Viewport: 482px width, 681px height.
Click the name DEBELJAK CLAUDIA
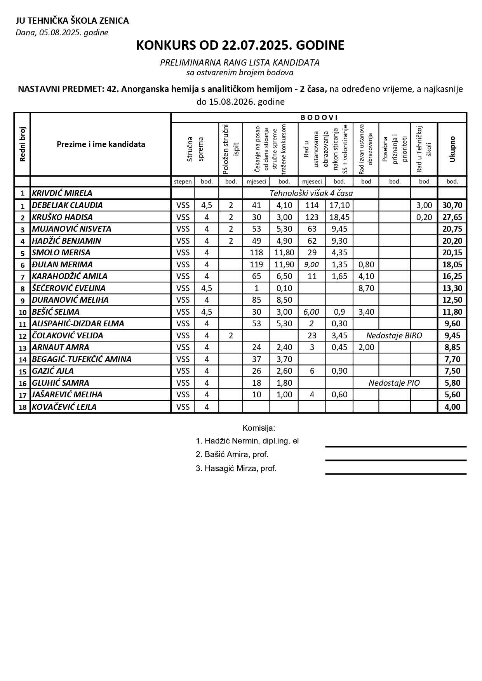point(67,205)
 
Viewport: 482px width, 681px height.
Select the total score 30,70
point(452,205)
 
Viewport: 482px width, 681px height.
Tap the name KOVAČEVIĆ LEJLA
point(64,407)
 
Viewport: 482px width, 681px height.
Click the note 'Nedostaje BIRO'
point(394,336)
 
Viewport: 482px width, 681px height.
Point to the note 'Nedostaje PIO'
point(394,383)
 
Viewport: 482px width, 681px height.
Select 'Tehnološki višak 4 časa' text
point(311,193)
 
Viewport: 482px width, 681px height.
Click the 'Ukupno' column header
point(452,149)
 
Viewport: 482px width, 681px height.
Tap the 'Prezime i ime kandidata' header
point(101,144)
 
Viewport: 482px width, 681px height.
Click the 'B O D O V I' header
point(319,118)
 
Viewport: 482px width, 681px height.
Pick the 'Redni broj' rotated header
point(22,144)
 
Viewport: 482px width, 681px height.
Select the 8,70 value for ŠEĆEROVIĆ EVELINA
point(366,288)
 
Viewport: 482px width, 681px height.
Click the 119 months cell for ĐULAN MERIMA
point(256,265)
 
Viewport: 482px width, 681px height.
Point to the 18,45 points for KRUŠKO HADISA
point(339,217)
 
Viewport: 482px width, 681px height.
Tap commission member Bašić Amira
point(232,454)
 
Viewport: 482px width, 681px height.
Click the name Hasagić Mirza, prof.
point(236,468)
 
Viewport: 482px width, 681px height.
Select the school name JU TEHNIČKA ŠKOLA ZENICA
point(72,21)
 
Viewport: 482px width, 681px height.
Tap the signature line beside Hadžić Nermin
point(395,447)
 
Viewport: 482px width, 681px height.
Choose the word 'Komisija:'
point(258,428)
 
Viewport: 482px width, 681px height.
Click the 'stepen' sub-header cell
point(183,181)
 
